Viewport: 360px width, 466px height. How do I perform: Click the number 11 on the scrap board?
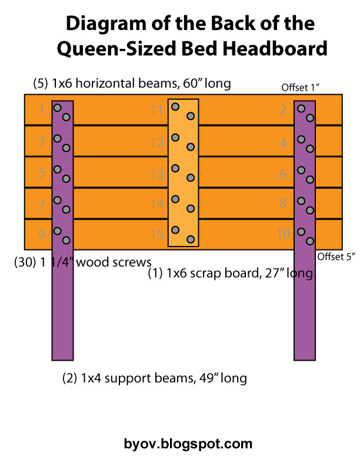156,110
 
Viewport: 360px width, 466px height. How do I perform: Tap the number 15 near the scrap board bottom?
156,235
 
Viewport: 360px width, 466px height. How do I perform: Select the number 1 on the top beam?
41,109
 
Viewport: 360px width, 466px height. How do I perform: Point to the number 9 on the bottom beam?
41,235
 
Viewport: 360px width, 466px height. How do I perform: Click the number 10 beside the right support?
284,234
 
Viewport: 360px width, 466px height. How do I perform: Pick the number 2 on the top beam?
283,109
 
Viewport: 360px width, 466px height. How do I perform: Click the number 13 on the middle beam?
156,174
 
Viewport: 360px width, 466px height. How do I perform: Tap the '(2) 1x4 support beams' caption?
155,378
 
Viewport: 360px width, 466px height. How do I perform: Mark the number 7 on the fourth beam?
41,205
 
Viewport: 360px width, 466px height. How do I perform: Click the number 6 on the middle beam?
283,174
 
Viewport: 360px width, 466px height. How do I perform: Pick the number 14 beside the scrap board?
156,204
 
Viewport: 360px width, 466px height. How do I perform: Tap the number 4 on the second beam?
283,143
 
